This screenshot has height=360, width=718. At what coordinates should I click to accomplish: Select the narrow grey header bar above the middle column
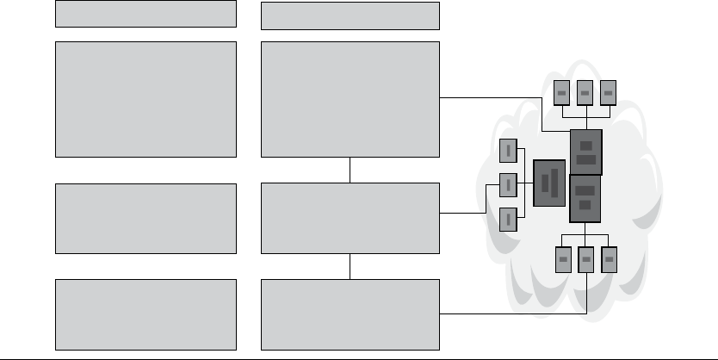pyautogui.click(x=350, y=15)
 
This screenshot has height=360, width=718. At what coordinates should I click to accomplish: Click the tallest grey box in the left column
pyautogui.click(x=145, y=99)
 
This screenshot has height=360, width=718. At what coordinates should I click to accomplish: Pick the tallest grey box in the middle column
pyautogui.click(x=350, y=99)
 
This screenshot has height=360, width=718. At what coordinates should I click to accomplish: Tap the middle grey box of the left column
pyautogui.click(x=145, y=218)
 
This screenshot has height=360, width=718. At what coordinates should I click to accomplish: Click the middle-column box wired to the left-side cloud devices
pyautogui.click(x=350, y=218)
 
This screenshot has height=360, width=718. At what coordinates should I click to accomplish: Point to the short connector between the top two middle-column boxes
pyautogui.click(x=350, y=170)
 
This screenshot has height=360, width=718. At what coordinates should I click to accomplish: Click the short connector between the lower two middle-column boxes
pyautogui.click(x=350, y=266)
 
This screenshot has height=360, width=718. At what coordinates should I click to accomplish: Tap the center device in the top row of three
pyautogui.click(x=585, y=92)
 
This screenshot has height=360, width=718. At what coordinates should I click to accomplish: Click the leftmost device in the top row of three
pyautogui.click(x=561, y=92)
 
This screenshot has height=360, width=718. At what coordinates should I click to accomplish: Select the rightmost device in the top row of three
pyautogui.click(x=609, y=92)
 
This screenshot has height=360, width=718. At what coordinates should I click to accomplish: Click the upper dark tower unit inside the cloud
pyautogui.click(x=585, y=152)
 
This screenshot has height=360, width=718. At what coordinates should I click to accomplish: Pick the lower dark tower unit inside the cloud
pyautogui.click(x=585, y=196)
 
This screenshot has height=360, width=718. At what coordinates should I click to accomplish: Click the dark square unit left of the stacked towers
pyautogui.click(x=549, y=183)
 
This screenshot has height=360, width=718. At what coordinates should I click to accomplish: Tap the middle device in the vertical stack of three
pyautogui.click(x=508, y=183)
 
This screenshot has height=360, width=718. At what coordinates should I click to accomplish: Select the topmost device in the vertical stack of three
pyautogui.click(x=508, y=151)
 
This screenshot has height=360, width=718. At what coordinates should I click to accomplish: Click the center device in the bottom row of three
pyautogui.click(x=585, y=258)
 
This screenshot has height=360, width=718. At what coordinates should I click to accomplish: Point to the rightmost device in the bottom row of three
pyautogui.click(x=609, y=258)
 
